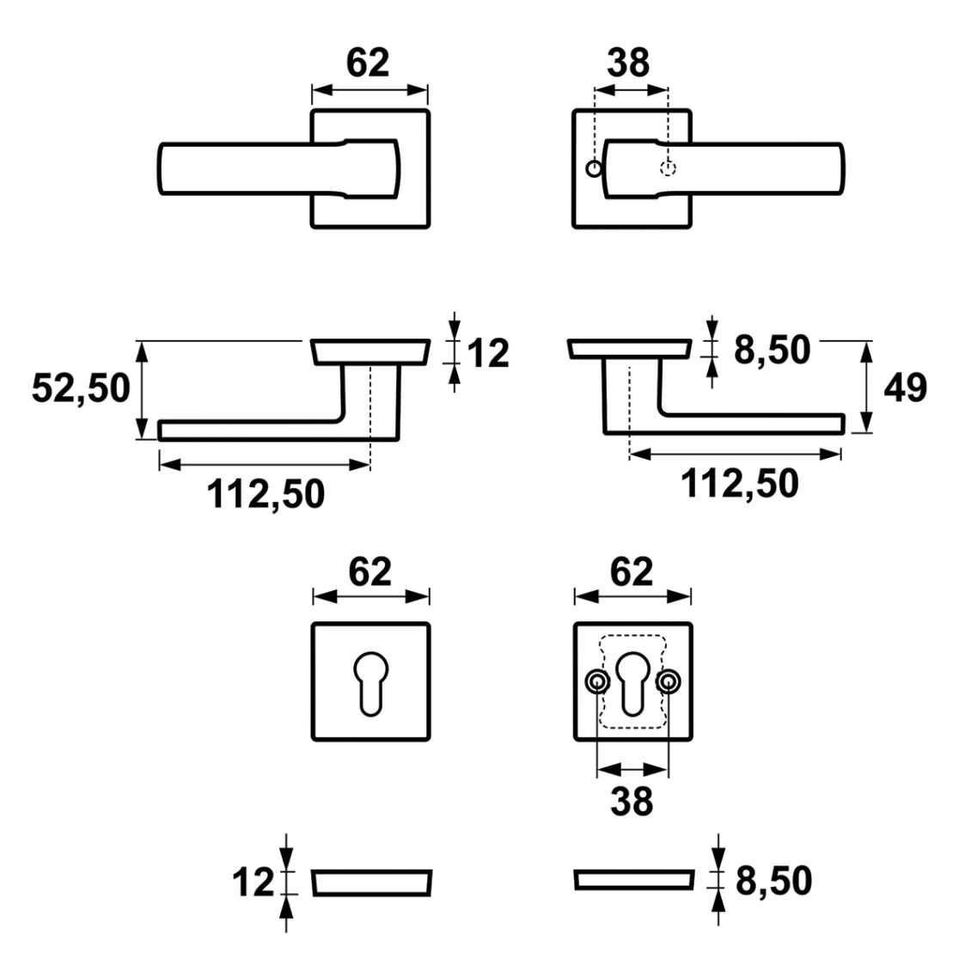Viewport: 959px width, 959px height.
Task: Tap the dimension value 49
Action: pos(905,388)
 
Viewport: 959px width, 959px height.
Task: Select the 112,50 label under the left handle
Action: pos(266,493)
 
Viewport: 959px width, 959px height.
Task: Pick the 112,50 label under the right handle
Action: pos(739,483)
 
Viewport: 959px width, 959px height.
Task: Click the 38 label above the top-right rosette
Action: pos(628,63)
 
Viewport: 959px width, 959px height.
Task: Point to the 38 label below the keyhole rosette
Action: pos(632,801)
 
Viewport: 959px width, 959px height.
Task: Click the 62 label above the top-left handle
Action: pos(368,63)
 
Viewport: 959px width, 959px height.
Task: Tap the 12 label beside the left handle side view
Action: pos(488,353)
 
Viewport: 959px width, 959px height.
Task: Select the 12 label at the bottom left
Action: pos(253,883)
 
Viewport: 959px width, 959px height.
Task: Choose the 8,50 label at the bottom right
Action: pos(773,881)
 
